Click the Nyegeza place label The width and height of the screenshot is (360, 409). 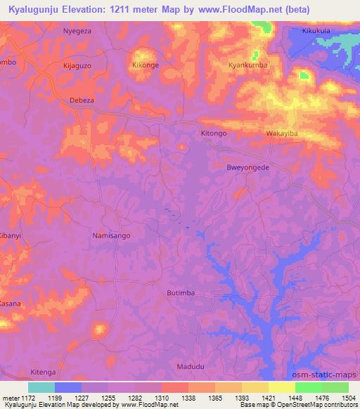tap(78, 32)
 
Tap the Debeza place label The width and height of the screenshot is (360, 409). tap(82, 100)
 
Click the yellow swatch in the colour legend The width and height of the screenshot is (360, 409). tap(281, 387)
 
